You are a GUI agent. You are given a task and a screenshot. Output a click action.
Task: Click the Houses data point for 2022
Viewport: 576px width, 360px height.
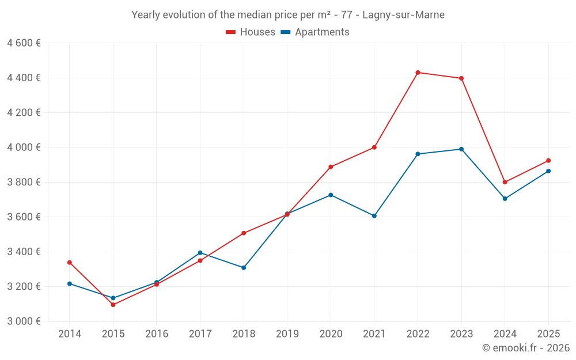tap(418, 73)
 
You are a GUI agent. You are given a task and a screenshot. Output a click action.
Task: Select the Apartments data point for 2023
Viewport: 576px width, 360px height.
tap(461, 149)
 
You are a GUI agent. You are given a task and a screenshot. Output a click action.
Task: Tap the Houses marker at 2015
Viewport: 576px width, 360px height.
tap(113, 305)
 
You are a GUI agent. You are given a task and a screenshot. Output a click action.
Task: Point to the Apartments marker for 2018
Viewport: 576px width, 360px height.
tap(244, 268)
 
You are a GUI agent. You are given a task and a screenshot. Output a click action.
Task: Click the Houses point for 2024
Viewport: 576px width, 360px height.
tap(505, 182)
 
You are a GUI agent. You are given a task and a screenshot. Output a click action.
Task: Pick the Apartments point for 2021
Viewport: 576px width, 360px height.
tap(374, 216)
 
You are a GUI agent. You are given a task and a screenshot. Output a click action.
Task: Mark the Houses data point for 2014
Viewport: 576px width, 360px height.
tap(70, 263)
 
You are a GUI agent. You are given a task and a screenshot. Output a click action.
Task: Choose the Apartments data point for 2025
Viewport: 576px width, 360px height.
tap(548, 171)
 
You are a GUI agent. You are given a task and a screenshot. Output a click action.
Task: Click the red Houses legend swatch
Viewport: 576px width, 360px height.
tap(230, 32)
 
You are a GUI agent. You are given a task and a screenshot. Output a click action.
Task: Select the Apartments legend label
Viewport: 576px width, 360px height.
tap(322, 32)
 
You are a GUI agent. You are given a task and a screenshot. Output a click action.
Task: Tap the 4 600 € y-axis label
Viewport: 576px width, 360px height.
tap(24, 43)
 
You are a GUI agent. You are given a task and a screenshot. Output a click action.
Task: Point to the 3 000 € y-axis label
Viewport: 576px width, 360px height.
tap(24, 321)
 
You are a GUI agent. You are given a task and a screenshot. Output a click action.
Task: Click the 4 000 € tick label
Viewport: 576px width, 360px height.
tap(24, 147)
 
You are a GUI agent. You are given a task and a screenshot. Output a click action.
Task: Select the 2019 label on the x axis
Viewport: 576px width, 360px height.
tap(287, 334)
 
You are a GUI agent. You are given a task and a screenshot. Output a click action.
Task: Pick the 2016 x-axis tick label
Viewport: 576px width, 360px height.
tap(157, 334)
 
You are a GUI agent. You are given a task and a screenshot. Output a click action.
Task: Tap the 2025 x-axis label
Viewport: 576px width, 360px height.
tap(548, 334)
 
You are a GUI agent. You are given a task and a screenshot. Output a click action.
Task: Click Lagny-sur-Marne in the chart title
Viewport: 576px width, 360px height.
tap(403, 15)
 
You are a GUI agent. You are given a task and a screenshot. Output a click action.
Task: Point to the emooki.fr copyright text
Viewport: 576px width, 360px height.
tap(525, 348)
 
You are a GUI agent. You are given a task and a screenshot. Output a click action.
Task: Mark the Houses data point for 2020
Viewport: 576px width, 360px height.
tap(331, 167)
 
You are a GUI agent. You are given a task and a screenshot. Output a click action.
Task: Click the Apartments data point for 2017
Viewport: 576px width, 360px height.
tap(200, 253)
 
